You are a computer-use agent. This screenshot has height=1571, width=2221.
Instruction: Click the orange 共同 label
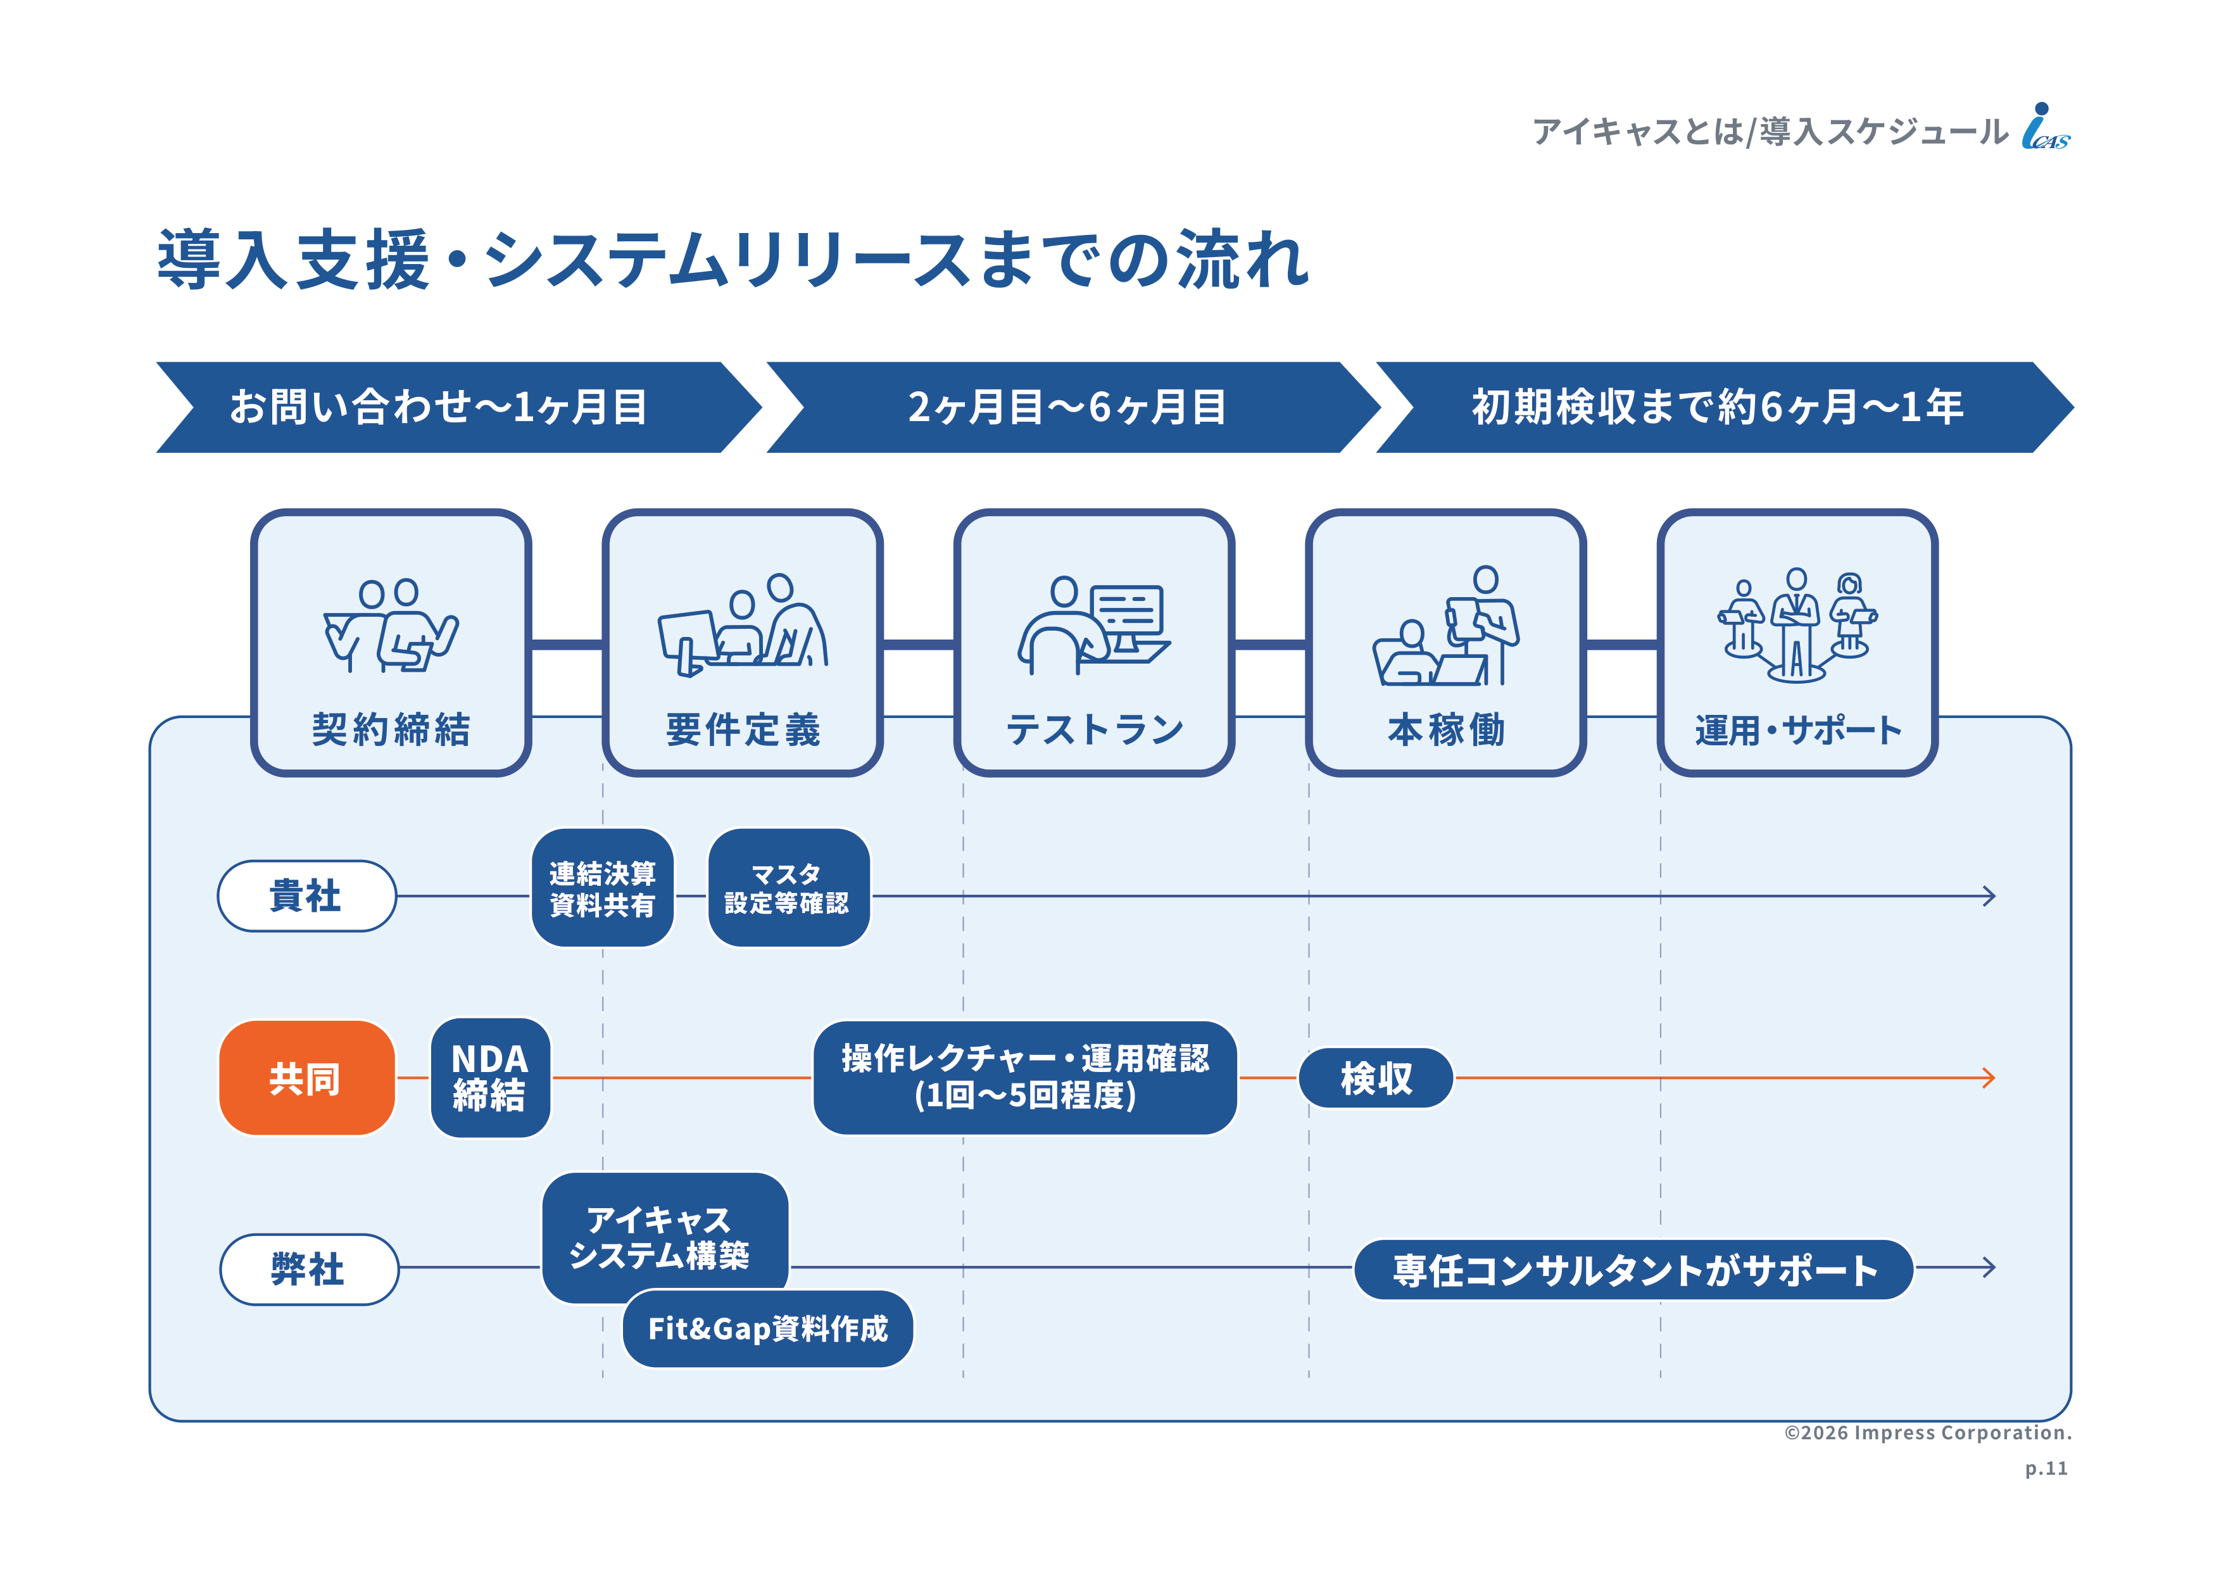[x=306, y=1078]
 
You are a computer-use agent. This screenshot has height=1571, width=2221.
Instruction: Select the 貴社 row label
[x=306, y=896]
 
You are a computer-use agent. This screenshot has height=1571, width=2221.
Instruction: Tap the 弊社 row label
[x=308, y=1268]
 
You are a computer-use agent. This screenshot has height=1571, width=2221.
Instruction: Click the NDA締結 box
[x=491, y=1078]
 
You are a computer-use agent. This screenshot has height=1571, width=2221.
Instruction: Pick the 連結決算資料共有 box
[x=603, y=888]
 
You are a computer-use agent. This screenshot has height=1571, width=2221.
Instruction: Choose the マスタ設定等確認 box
[x=788, y=888]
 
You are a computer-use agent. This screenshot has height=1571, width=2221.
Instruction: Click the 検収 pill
[x=1376, y=1078]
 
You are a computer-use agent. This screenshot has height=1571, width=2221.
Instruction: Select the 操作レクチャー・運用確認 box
[x=1026, y=1078]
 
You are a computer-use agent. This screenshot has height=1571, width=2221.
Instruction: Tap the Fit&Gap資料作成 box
[x=768, y=1329]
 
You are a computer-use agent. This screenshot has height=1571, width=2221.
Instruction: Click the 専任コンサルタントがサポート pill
[x=1634, y=1269]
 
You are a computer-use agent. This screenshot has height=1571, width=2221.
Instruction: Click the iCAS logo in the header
[x=2045, y=127]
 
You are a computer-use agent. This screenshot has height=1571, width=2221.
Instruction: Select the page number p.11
[x=2046, y=1468]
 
